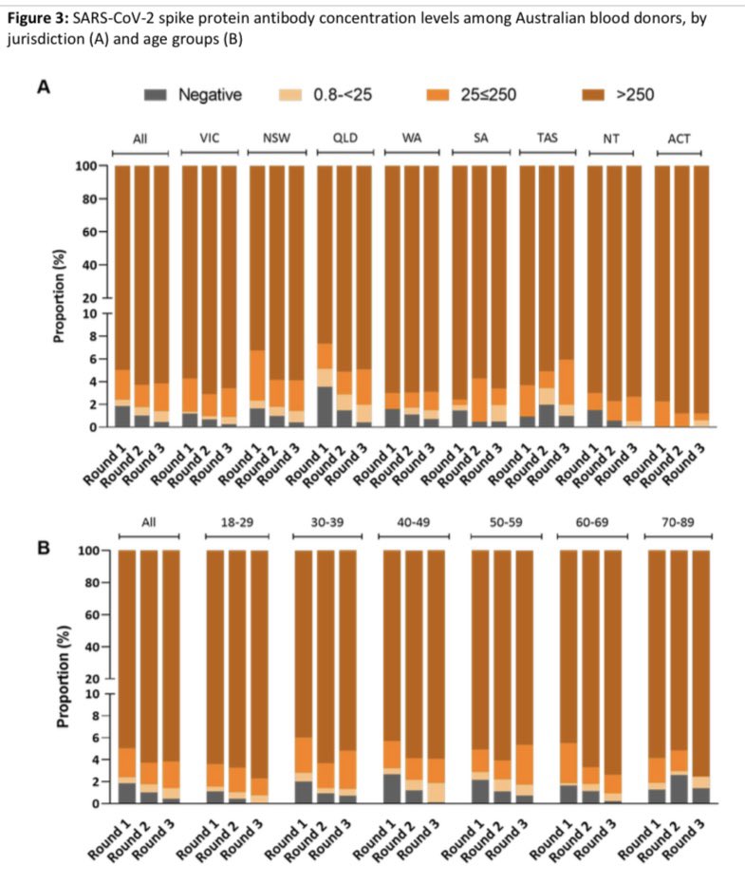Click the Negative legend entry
click(193, 95)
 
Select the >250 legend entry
click(617, 95)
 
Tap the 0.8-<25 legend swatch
click(290, 95)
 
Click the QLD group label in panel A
click(345, 139)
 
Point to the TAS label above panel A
click(548, 138)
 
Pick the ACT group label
click(679, 139)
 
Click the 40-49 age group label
click(414, 522)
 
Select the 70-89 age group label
click(678, 522)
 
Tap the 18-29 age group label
click(237, 522)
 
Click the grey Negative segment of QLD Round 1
click(325, 406)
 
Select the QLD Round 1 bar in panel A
click(325, 296)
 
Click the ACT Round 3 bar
click(701, 296)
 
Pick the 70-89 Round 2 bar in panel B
click(679, 677)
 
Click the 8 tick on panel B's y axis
click(103, 716)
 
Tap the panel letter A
click(44, 88)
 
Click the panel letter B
click(44, 548)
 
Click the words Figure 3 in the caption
click(37, 19)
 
